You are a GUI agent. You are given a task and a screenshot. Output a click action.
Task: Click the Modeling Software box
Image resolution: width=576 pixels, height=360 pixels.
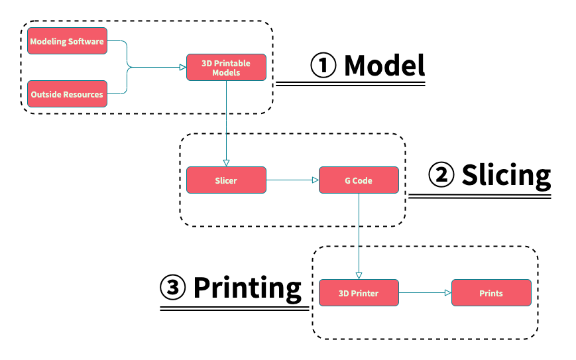point(67,41)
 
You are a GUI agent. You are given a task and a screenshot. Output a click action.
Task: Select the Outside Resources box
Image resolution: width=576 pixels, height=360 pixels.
point(67,94)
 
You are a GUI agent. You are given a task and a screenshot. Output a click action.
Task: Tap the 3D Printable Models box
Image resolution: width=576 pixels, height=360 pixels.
point(226,68)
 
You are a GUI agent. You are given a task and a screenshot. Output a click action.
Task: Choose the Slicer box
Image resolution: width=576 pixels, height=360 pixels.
point(226,180)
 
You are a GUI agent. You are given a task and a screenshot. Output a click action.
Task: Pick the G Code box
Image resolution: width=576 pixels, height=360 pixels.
point(359,180)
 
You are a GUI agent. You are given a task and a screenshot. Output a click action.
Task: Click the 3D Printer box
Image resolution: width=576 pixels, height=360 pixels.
point(359,292)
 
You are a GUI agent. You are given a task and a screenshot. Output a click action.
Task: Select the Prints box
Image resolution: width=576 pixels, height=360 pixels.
point(491,292)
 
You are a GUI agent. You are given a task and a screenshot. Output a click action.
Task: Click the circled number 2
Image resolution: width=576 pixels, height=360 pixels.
point(441,176)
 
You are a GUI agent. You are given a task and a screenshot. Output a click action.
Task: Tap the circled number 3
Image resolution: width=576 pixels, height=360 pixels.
point(173,288)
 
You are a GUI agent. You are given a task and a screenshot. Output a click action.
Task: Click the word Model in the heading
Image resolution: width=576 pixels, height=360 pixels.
point(384,65)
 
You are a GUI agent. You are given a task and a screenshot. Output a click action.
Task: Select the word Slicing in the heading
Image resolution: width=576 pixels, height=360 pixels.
point(506,175)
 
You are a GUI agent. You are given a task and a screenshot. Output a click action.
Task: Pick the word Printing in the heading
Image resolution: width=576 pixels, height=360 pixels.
point(247,288)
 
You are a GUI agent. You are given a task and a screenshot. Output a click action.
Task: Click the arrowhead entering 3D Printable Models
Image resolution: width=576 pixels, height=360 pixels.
point(182,67)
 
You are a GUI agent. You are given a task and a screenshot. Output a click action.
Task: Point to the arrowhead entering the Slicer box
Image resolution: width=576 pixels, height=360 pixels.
point(226,162)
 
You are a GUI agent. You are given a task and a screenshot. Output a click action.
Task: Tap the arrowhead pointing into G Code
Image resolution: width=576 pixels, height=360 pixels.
point(315,180)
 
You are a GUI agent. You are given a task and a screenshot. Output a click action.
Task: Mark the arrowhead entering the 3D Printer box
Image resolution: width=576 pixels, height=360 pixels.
point(359,275)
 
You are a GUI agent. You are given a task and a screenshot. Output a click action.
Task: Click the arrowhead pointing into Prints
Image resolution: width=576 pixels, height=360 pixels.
point(447,292)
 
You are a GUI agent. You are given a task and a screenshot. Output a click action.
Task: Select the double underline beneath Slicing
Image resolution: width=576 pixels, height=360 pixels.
point(479,196)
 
